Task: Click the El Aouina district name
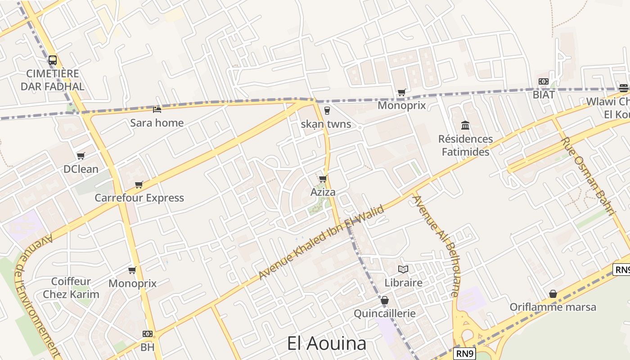pos(327,344)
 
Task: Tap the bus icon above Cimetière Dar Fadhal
pos(53,60)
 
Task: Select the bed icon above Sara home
pos(157,109)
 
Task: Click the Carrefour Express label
pos(139,198)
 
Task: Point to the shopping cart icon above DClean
pos(81,156)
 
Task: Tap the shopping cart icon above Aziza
pos(323,179)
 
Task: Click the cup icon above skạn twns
pos(327,111)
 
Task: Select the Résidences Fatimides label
pos(465,145)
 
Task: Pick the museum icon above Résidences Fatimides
pos(465,125)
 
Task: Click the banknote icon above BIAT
pos(544,81)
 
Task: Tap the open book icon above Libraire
pos(403,269)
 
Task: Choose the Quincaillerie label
pos(385,313)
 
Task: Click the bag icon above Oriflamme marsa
pos(553,294)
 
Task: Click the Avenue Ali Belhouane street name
pos(436,246)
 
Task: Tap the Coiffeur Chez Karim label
pos(71,288)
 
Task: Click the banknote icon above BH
pos(148,334)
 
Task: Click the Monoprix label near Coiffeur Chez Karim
pos(132,283)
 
